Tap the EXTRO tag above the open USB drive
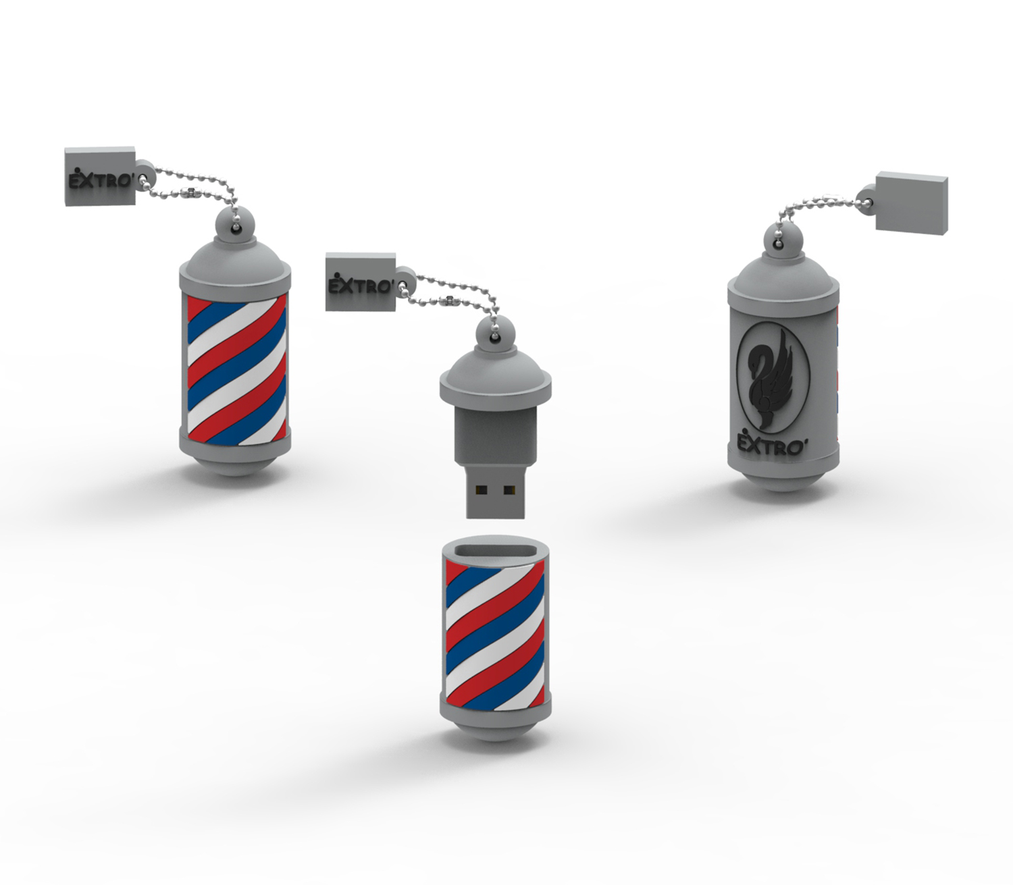(x=360, y=282)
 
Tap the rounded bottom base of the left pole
(x=234, y=464)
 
